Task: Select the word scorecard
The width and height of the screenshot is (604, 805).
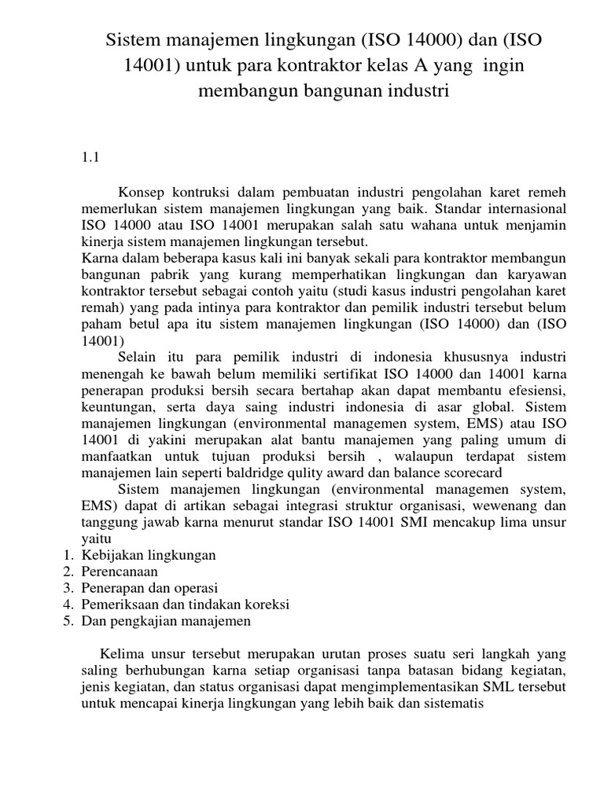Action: [462, 472]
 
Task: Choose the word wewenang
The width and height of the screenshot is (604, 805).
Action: [499, 505]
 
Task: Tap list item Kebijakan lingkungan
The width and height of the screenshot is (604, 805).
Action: [149, 555]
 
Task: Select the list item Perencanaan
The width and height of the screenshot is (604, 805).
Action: [120, 572]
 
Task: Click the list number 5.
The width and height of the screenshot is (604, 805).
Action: [68, 621]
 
